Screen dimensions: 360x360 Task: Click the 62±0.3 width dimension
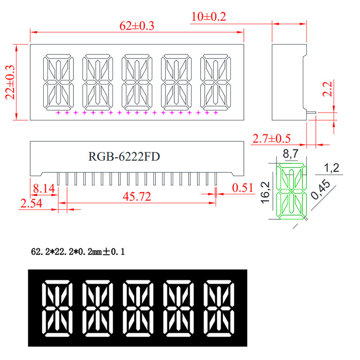[137, 26]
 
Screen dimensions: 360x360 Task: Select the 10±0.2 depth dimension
[208, 17]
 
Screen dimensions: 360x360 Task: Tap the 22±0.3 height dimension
[10, 82]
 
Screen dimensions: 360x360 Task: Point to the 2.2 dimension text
[328, 89]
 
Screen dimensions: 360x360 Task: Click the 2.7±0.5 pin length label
[271, 139]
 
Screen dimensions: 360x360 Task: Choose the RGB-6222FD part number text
[124, 157]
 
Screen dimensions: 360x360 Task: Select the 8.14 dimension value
[44, 189]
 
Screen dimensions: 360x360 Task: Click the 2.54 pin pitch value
[31, 203]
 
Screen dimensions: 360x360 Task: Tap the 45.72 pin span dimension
[137, 197]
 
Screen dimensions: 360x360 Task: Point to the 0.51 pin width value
[243, 188]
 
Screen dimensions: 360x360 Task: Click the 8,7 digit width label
[290, 154]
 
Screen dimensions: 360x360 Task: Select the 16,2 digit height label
[265, 193]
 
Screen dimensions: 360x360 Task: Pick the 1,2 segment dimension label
[331, 168]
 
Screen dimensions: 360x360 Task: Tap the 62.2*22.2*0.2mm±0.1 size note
[78, 252]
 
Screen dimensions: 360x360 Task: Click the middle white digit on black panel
[138, 308]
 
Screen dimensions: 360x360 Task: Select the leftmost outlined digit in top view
[58, 82]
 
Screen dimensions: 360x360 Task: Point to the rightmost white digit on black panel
[219, 308]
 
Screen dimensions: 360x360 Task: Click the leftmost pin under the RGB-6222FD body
[58, 179]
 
